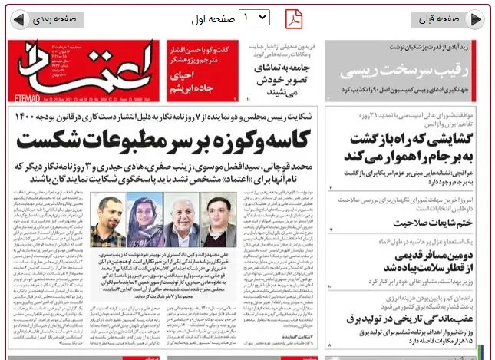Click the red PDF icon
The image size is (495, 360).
coord(295,18)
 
